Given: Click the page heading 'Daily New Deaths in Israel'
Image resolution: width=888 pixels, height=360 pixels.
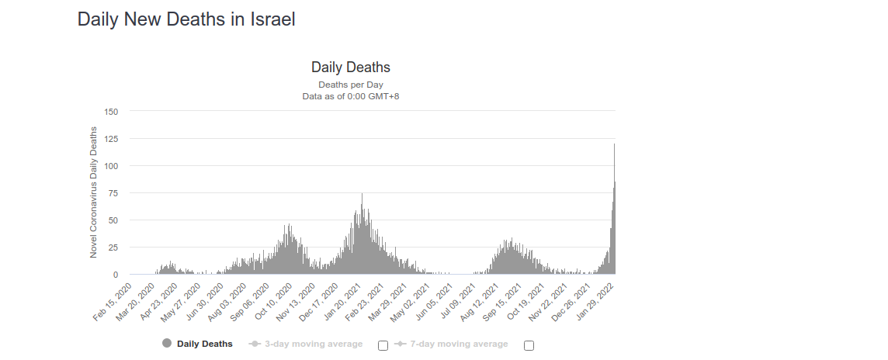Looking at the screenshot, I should click(186, 19).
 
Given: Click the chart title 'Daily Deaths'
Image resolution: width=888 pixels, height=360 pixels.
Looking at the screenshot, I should click(351, 67).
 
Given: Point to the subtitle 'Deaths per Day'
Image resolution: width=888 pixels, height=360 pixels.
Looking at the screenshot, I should click(351, 85).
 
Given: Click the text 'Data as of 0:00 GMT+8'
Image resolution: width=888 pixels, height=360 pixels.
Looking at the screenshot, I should click(351, 96).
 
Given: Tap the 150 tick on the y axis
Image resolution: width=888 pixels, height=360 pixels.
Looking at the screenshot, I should click(110, 112).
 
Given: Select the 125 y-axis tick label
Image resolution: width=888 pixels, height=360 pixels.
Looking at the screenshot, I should click(110, 139).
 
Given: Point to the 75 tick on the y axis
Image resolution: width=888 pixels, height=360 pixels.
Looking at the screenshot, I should click(113, 193).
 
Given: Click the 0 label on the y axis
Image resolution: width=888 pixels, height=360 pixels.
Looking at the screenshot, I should click(115, 275).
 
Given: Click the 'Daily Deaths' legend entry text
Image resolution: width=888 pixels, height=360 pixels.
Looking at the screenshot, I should click(204, 344).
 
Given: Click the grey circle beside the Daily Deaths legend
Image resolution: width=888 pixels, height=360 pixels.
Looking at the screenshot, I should click(167, 344).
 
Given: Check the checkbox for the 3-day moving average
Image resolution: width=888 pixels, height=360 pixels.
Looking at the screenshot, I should click(383, 345).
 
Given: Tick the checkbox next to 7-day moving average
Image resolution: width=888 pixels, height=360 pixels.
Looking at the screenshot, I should click(529, 345).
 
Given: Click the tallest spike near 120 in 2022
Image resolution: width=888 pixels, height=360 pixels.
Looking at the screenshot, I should click(614, 147).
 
